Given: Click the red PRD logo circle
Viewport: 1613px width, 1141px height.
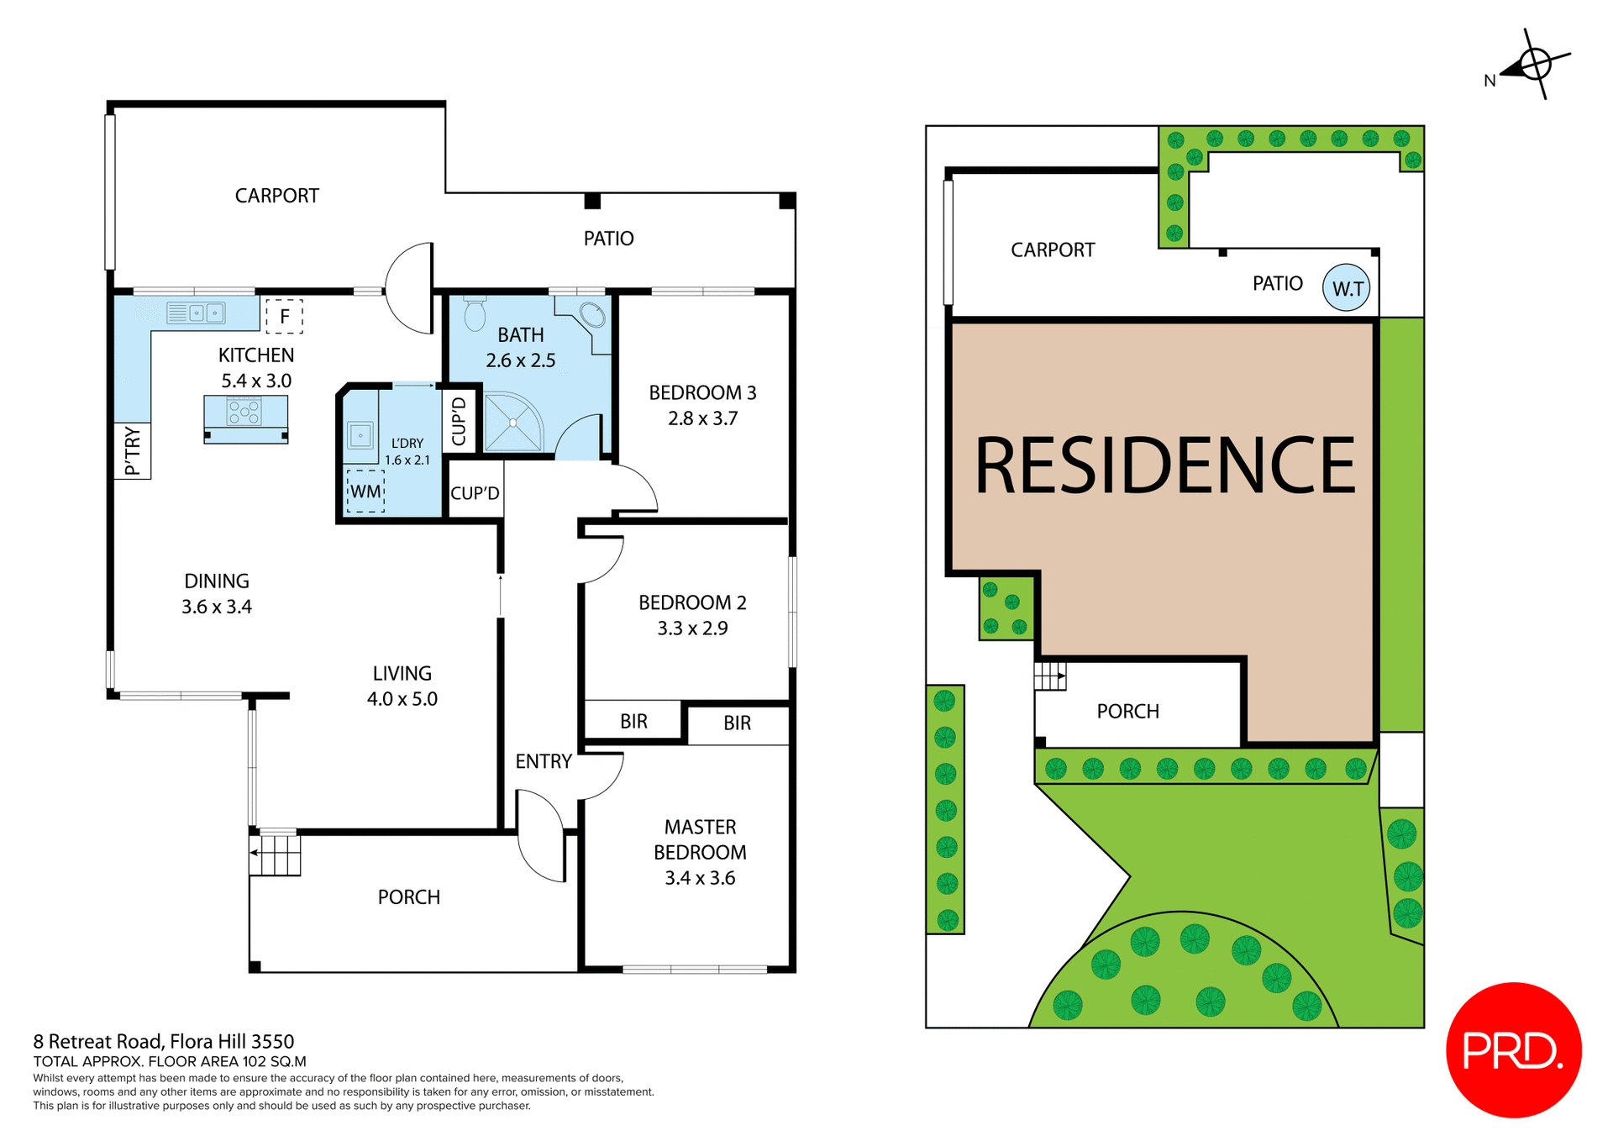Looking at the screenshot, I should coord(1513,1049).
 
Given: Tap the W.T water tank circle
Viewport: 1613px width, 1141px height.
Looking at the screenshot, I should coord(1347,288).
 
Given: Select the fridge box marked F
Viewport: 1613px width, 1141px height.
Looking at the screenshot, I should coord(284,316).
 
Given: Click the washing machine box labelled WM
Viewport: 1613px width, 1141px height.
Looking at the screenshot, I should coord(365,492).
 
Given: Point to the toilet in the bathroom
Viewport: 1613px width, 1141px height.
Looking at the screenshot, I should coord(475,314).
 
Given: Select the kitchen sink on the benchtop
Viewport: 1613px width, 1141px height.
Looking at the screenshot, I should coord(197,313).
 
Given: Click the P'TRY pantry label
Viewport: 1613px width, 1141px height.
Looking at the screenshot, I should coord(133,450).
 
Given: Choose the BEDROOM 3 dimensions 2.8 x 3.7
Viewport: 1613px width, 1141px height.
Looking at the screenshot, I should coord(702,418).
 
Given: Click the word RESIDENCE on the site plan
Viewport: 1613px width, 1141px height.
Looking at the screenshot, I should coord(1164,465).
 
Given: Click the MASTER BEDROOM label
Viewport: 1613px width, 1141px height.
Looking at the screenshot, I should coord(700,839).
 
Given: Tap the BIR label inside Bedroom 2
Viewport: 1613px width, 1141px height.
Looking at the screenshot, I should coord(633,721).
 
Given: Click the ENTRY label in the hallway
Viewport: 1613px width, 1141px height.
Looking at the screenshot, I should coord(544,761).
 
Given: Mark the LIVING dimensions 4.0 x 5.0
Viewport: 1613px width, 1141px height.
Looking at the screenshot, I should coord(402,699).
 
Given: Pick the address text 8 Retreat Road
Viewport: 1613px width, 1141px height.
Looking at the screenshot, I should coord(164,1042).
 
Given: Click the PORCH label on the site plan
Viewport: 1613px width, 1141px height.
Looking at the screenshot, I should coord(1127,712).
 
